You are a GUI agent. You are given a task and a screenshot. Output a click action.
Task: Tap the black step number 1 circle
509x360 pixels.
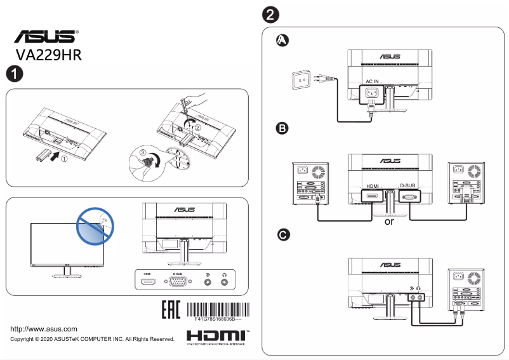[14, 74]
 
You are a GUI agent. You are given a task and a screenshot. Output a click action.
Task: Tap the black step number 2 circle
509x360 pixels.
[271, 14]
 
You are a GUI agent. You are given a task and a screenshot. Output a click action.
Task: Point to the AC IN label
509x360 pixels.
[372, 82]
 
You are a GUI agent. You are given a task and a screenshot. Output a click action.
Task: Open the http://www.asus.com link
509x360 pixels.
[44, 329]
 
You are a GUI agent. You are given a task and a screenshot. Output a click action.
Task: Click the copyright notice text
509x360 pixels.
[93, 340]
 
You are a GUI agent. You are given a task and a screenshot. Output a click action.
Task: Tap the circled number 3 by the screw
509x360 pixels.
[143, 152]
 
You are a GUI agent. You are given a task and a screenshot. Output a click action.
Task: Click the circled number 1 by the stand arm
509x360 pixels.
[64, 159]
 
